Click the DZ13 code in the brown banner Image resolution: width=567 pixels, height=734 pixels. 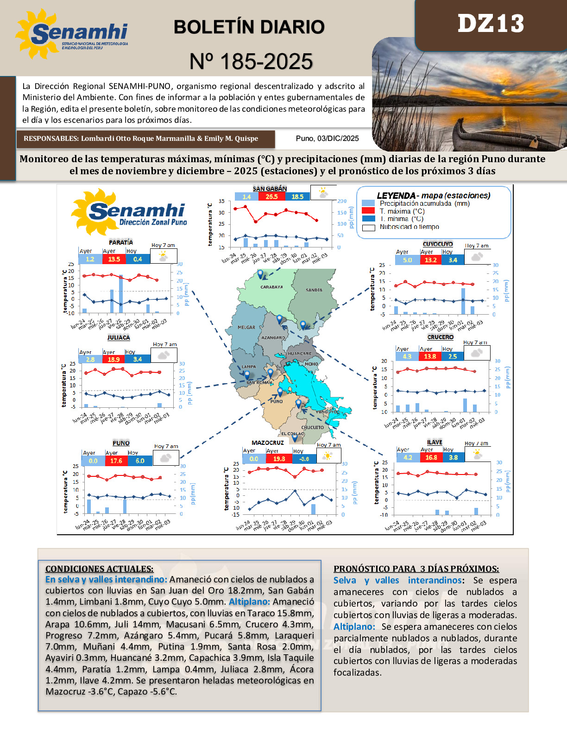click(491, 23)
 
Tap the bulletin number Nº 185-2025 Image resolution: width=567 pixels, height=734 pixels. click(251, 62)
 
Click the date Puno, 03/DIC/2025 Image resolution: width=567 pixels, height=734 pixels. click(327, 138)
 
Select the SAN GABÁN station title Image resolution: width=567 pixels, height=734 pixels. click(270, 189)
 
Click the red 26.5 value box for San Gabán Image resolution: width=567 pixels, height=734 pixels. click(271, 196)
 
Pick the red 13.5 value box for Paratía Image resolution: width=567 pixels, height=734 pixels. click(114, 259)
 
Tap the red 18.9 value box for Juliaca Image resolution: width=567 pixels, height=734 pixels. click(113, 359)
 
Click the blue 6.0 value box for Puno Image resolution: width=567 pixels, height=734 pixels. click(140, 461)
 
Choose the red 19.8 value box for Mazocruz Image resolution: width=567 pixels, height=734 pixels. click(279, 459)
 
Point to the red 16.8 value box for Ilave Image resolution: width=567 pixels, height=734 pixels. click(431, 457)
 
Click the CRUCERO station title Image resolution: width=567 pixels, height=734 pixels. click(440, 337)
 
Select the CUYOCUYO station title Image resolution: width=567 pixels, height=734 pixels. click(437, 244)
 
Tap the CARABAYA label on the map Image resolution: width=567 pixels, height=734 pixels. click(271, 287)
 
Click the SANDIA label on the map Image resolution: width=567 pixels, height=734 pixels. click(314, 290)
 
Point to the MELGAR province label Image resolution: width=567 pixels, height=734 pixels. click(246, 327)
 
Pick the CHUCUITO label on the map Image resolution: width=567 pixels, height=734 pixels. click(312, 427)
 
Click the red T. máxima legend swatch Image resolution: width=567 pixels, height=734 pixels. click(368, 211)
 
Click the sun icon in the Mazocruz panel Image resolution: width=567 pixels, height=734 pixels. click(328, 456)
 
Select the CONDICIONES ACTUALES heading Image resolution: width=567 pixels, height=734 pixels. click(99, 569)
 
